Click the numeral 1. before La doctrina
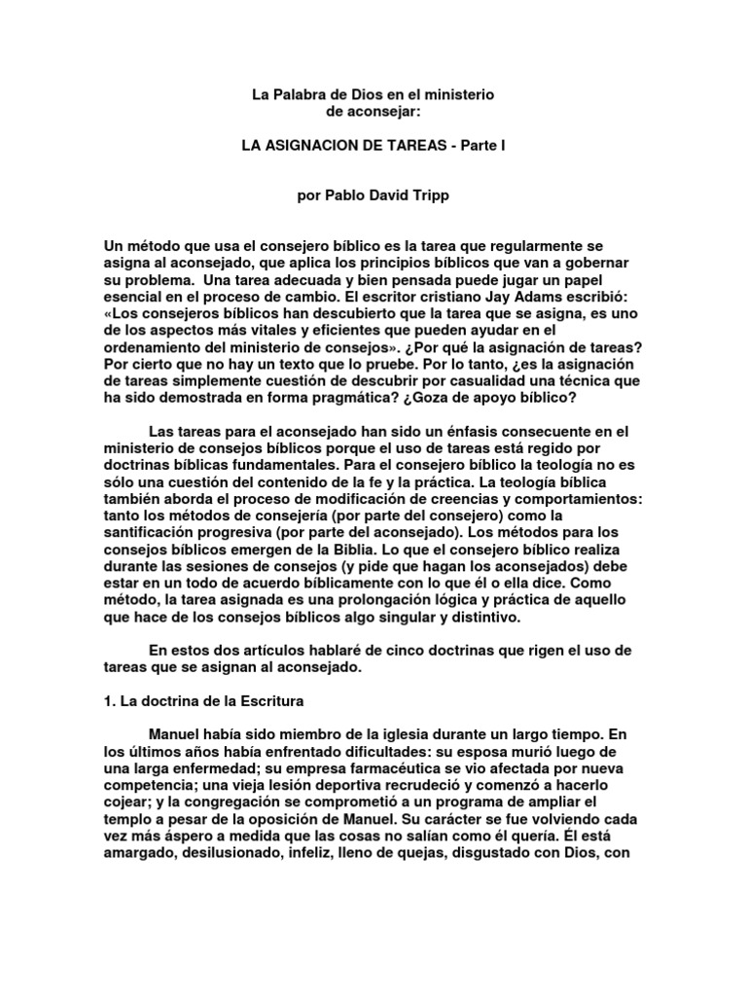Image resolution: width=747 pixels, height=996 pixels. point(111,699)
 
